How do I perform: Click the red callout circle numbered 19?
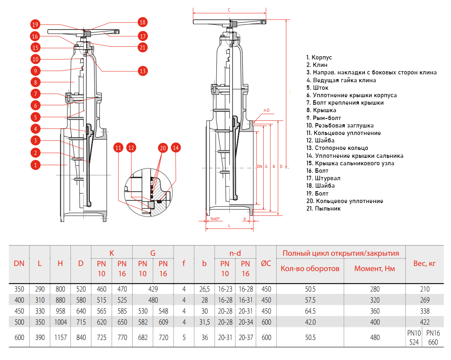pyautogui.click(x=35, y=25)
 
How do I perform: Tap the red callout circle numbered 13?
pyautogui.click(x=142, y=71)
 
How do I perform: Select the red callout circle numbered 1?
pyautogui.click(x=35, y=165)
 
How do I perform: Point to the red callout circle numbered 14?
pyautogui.click(x=176, y=148)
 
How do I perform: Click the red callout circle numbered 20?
pyautogui.click(x=163, y=148)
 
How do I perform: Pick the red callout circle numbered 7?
pyautogui.click(x=35, y=94)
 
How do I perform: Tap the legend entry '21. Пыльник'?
pyautogui.click(x=323, y=209)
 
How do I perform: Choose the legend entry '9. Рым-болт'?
pyautogui.click(x=323, y=118)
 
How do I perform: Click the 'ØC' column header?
pyautogui.click(x=266, y=264)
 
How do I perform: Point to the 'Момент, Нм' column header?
pyautogui.click(x=375, y=269)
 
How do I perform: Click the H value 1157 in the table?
pyautogui.click(x=60, y=338)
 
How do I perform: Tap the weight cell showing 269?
pyautogui.click(x=425, y=300)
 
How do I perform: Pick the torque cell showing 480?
pyautogui.click(x=375, y=338)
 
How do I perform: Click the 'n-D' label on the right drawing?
pyautogui.click(x=266, y=110)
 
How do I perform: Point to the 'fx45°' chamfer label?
pyautogui.click(x=215, y=218)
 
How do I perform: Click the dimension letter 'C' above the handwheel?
pyautogui.click(x=229, y=9)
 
